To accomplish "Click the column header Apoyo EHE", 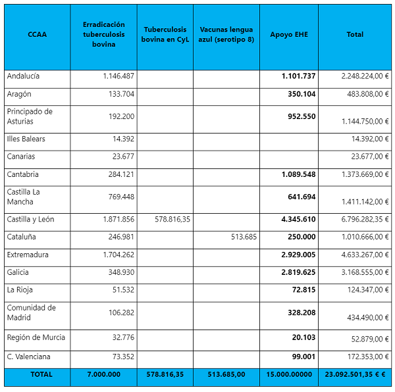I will (x=288, y=34).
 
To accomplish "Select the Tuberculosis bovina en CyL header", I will (x=165, y=34).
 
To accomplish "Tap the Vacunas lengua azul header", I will (x=226, y=34).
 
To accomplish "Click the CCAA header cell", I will (x=37, y=34).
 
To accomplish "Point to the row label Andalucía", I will (x=24, y=76).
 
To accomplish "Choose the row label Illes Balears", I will (x=26, y=139).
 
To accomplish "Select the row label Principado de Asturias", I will (x=30, y=116).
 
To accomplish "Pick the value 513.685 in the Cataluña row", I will (x=242, y=237).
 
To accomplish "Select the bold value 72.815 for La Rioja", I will (x=303, y=290).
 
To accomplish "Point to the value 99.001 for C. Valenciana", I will (x=303, y=356).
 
